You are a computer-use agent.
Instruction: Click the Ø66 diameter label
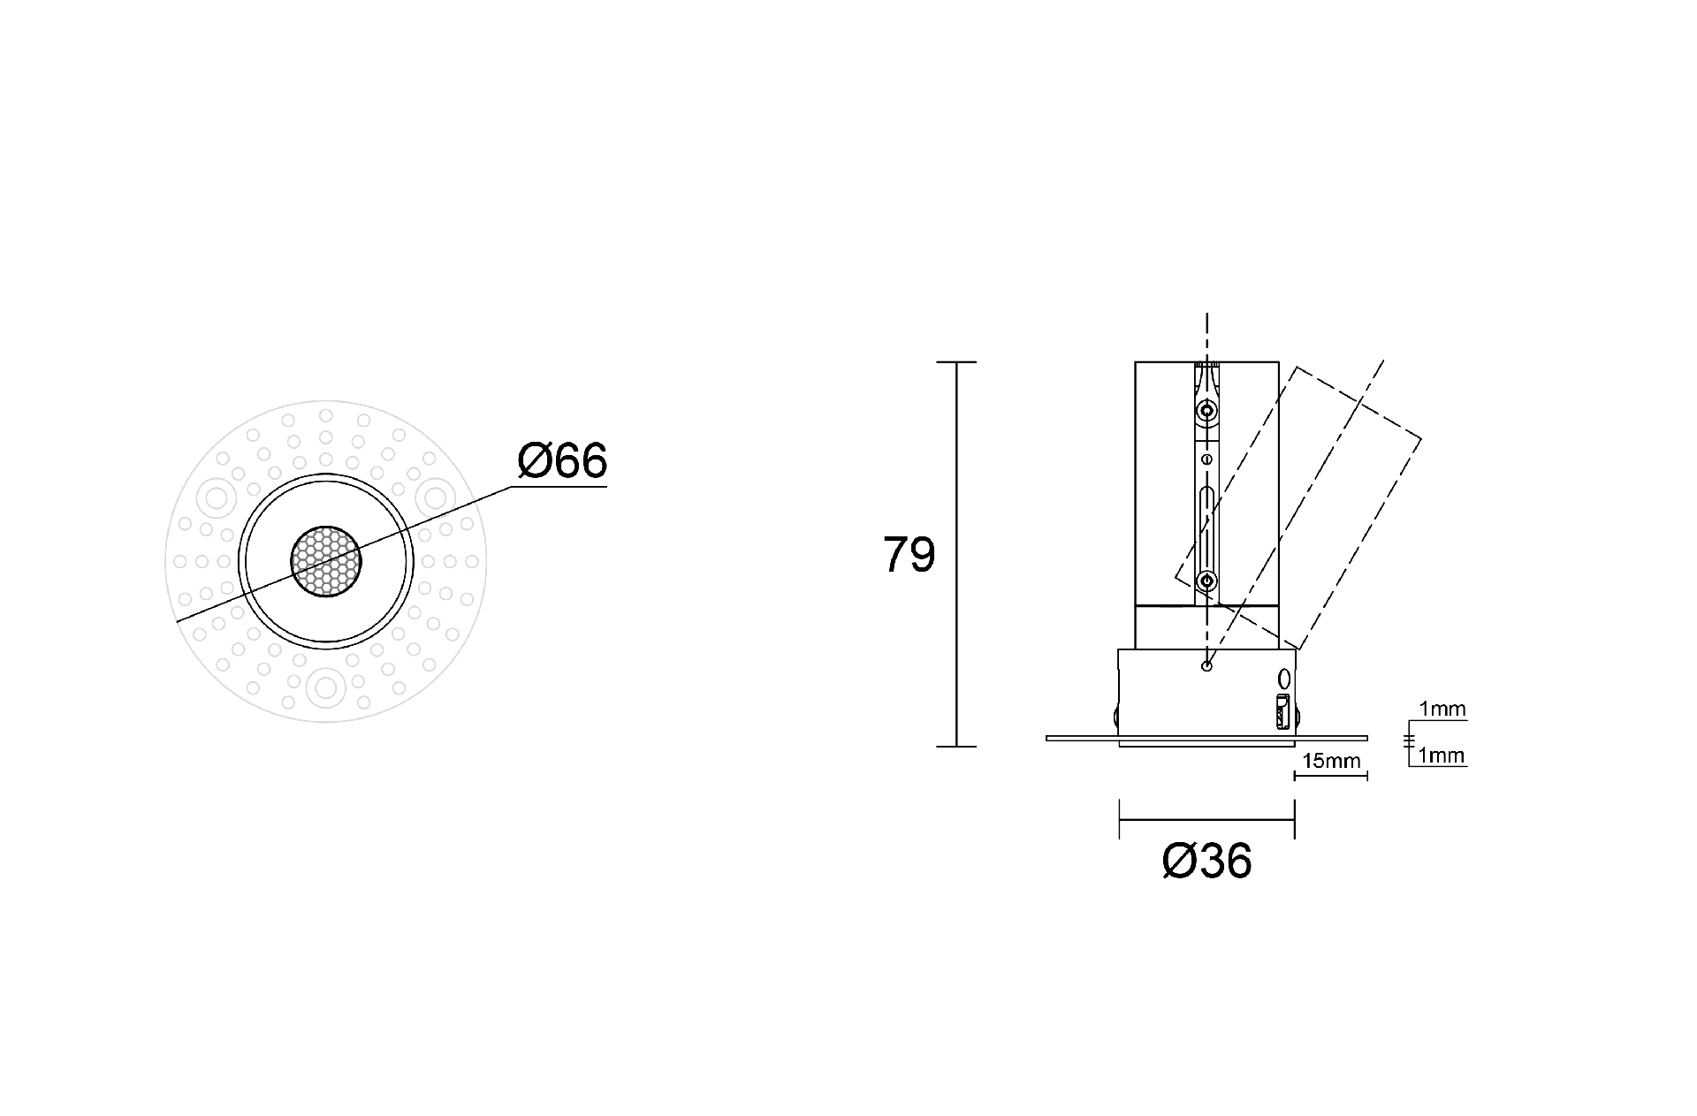pyautogui.click(x=563, y=461)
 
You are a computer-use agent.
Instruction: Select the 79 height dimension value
pyautogui.click(x=909, y=556)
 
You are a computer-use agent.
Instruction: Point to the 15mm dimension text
pyautogui.click(x=1330, y=761)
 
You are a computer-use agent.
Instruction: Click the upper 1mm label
pyautogui.click(x=1442, y=709)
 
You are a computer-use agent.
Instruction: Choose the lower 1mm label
pyautogui.click(x=1442, y=755)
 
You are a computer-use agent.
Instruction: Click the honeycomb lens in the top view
pyautogui.click(x=325, y=560)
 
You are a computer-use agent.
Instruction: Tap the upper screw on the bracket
pyautogui.click(x=1206, y=411)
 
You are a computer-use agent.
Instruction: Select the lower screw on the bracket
pyautogui.click(x=1206, y=581)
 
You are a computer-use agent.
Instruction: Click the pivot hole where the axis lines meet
pyautogui.click(x=1206, y=665)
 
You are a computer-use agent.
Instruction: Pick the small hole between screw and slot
pyautogui.click(x=1206, y=459)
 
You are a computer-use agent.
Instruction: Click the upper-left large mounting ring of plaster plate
pyautogui.click(x=216, y=497)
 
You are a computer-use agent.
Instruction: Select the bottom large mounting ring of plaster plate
pyautogui.click(x=325, y=687)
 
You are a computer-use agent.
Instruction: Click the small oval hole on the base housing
pyautogui.click(x=1284, y=679)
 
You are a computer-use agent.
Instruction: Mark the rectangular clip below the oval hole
pyautogui.click(x=1282, y=712)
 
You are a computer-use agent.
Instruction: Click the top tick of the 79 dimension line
pyautogui.click(x=956, y=362)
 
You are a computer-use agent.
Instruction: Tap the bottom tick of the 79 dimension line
pyautogui.click(x=956, y=747)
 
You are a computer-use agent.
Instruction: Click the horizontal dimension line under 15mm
pyautogui.click(x=1330, y=776)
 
